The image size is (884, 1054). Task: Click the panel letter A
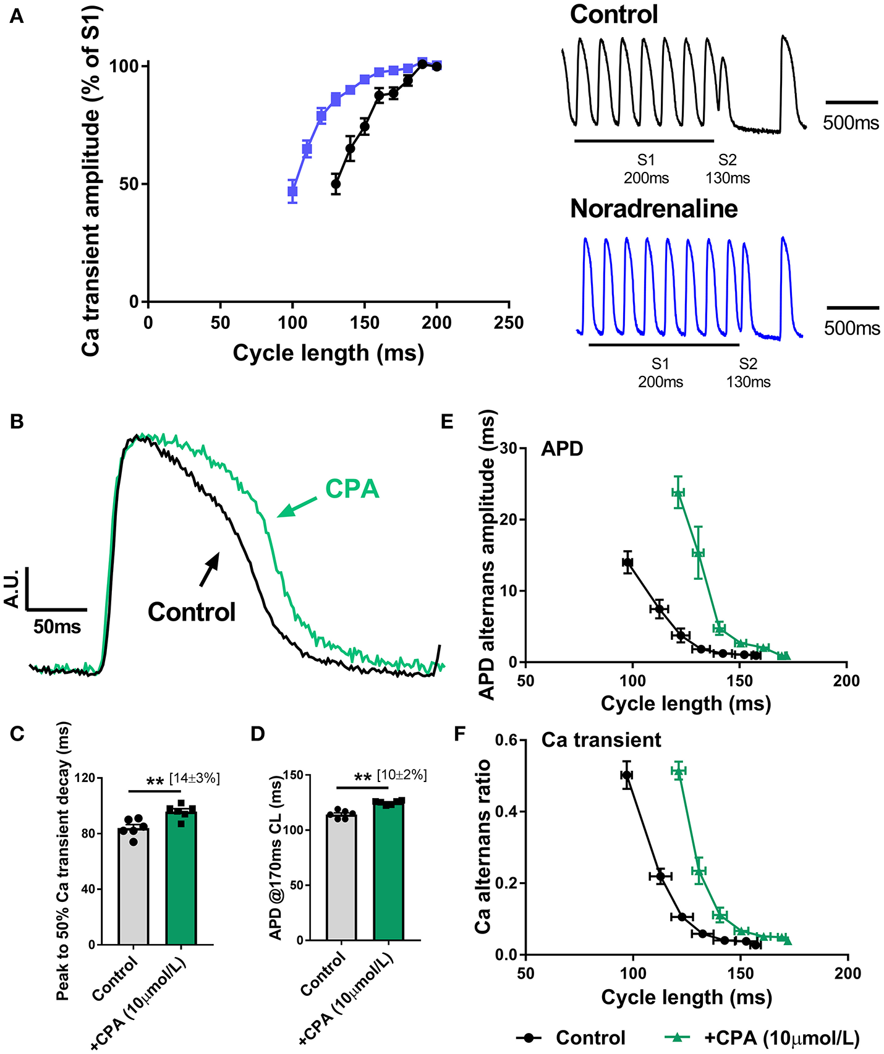coord(17,16)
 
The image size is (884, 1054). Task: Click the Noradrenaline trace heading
coord(653,209)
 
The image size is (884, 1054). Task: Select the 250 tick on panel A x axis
coord(509,323)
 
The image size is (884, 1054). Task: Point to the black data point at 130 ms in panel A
coord(336,184)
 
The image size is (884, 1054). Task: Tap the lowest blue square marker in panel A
coord(292,192)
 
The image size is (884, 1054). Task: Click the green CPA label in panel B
coord(352,489)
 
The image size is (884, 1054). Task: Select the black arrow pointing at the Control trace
coord(209,569)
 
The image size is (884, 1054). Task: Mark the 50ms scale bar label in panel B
coord(57,627)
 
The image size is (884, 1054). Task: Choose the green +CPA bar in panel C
coord(181,878)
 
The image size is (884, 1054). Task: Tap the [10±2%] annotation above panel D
coord(402,775)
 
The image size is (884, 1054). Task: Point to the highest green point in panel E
coord(679,493)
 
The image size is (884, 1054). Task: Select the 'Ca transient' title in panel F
coord(601,740)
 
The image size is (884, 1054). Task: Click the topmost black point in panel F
coord(627,775)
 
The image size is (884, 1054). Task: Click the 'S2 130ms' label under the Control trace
coord(728,169)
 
